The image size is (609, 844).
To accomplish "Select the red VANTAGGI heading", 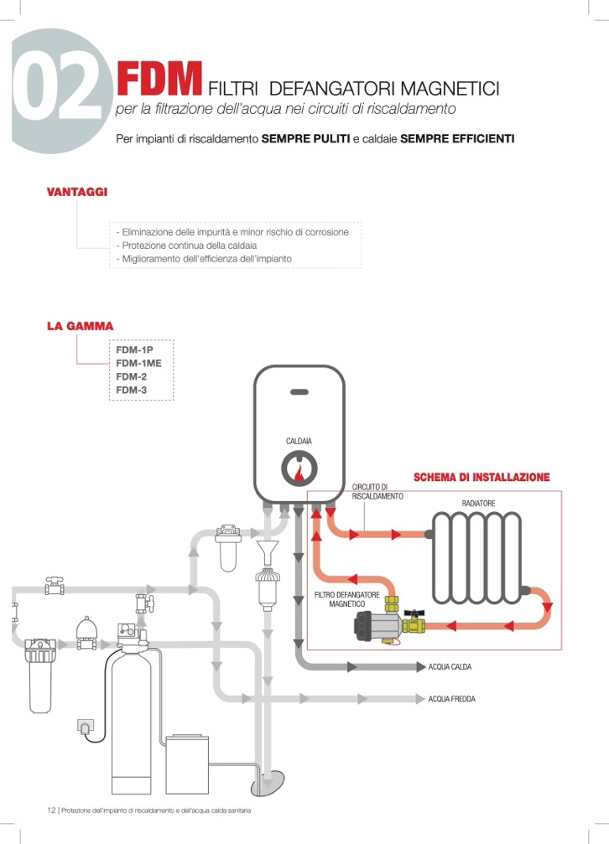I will [76, 192].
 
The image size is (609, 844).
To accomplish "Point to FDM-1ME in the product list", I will [138, 363].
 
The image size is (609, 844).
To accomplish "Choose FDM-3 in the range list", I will [132, 390].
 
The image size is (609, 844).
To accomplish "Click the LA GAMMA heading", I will [80, 326].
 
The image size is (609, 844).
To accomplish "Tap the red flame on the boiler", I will [299, 473].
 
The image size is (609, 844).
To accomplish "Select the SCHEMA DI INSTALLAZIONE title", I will [481, 478].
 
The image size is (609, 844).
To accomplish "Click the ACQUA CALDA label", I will [450, 667].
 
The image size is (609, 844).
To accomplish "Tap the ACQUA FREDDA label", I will [451, 699].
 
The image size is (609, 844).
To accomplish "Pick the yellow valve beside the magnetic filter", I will [412, 624].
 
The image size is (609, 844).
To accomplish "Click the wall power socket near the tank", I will [85, 724].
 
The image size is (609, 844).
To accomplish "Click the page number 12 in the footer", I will [50, 810].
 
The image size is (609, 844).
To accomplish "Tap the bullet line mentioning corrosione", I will [231, 232].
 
